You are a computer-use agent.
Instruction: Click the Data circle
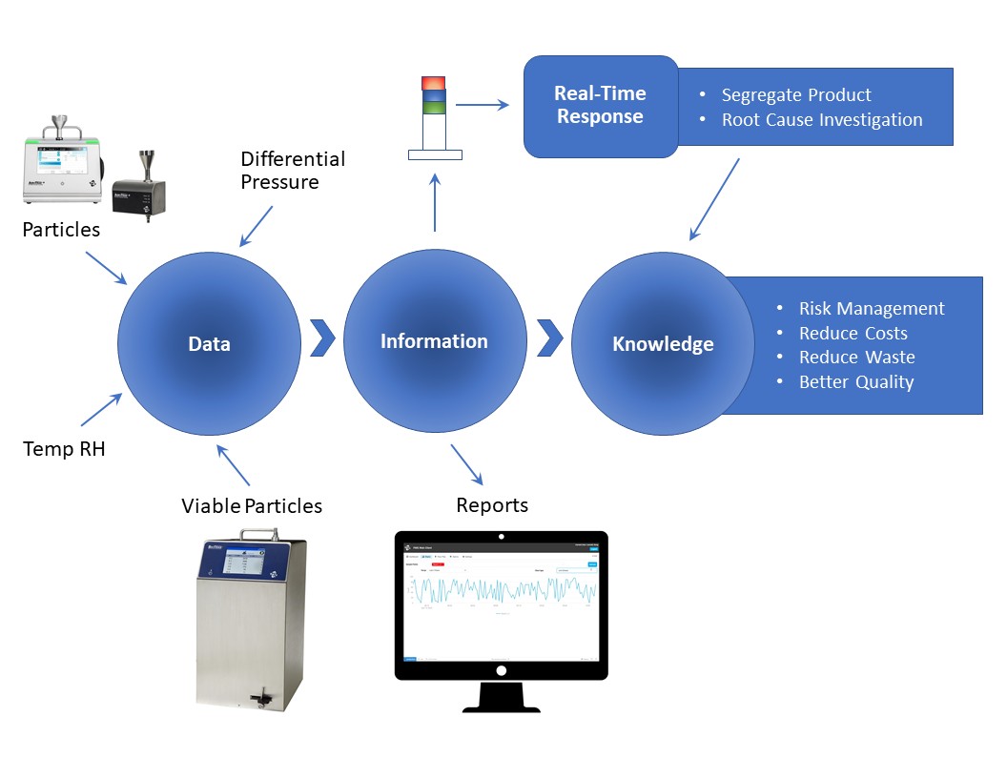[x=209, y=343]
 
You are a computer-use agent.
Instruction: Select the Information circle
[x=434, y=341]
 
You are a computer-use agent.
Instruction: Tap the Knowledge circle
[x=663, y=344]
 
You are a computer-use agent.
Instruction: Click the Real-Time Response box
[x=601, y=106]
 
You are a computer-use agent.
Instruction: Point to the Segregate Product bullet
[x=796, y=95]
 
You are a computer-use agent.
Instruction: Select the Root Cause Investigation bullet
[x=821, y=120]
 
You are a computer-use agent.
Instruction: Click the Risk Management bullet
[x=871, y=309]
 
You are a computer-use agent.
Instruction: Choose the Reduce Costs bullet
[x=853, y=334]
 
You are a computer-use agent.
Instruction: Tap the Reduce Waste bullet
[x=856, y=358]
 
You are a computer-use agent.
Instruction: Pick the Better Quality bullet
[x=855, y=382]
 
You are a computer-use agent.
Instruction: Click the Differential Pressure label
[x=293, y=170]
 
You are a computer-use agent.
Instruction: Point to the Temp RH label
[x=64, y=448]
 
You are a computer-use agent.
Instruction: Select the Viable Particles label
[x=252, y=505]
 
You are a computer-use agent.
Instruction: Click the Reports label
[x=492, y=505]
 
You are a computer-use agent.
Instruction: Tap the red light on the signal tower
[x=433, y=83]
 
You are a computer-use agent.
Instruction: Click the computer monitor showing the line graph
[x=501, y=610]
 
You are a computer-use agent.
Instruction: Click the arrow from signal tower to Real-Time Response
[x=487, y=106]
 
